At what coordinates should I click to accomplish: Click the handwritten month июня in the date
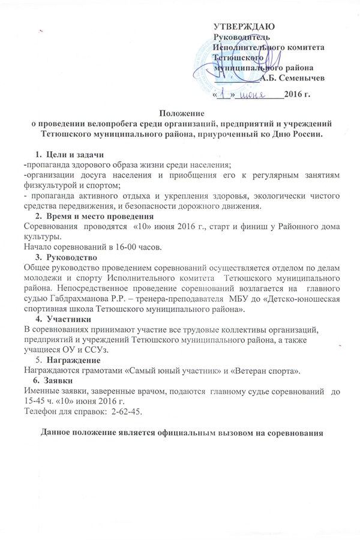(x=254, y=95)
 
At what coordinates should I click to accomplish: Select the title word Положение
(x=180, y=113)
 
